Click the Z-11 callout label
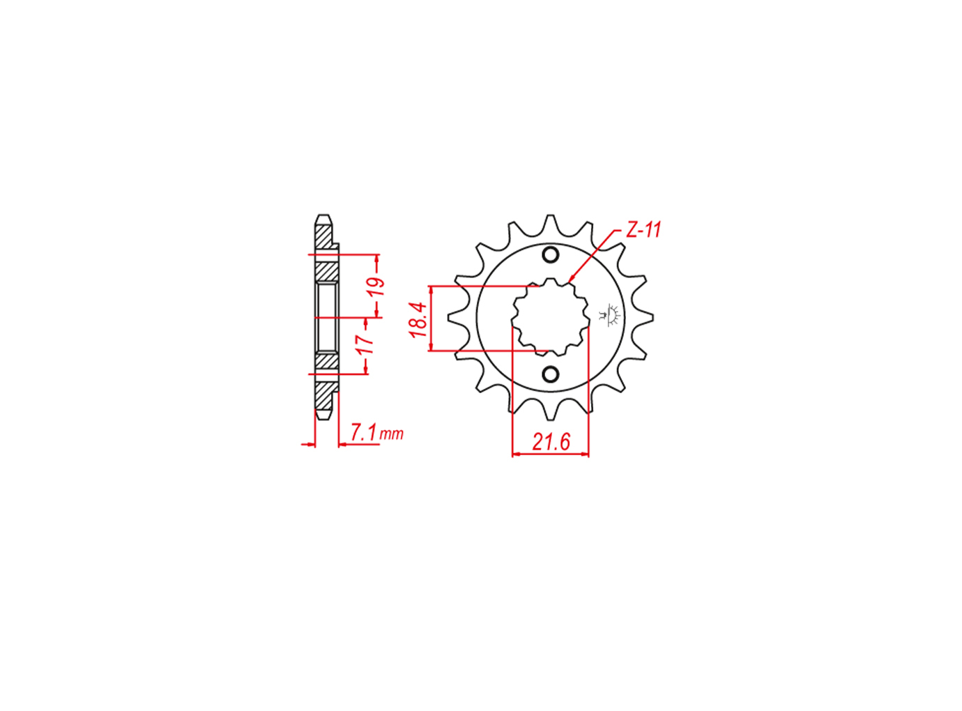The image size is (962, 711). click(x=643, y=230)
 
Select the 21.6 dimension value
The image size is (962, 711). click(x=551, y=442)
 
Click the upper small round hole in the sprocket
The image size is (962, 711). click(x=551, y=254)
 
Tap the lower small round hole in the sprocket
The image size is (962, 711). click(x=551, y=374)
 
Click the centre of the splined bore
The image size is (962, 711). click(x=551, y=318)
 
